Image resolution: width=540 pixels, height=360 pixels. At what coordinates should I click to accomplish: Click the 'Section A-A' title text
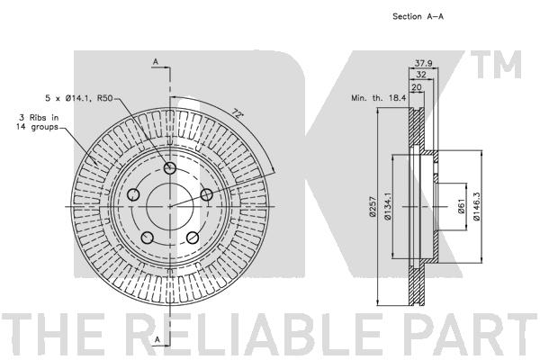coord(418,16)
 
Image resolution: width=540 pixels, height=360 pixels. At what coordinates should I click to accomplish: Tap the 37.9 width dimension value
coord(423,63)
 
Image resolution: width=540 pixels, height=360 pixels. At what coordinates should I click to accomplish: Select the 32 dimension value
coord(421,75)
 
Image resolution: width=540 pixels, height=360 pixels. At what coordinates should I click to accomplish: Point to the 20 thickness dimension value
coord(417,87)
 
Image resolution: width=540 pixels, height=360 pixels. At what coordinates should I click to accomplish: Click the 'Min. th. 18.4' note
coord(379,98)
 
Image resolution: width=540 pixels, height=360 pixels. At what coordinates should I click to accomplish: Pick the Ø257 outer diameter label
coord(372,206)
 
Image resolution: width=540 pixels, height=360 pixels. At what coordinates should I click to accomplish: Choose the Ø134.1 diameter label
coord(387,206)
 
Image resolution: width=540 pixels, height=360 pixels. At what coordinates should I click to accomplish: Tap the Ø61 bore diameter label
coord(462,206)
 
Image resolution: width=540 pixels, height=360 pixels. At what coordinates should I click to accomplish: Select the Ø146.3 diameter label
coord(477,206)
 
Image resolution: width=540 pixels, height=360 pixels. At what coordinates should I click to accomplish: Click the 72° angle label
coord(237,112)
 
